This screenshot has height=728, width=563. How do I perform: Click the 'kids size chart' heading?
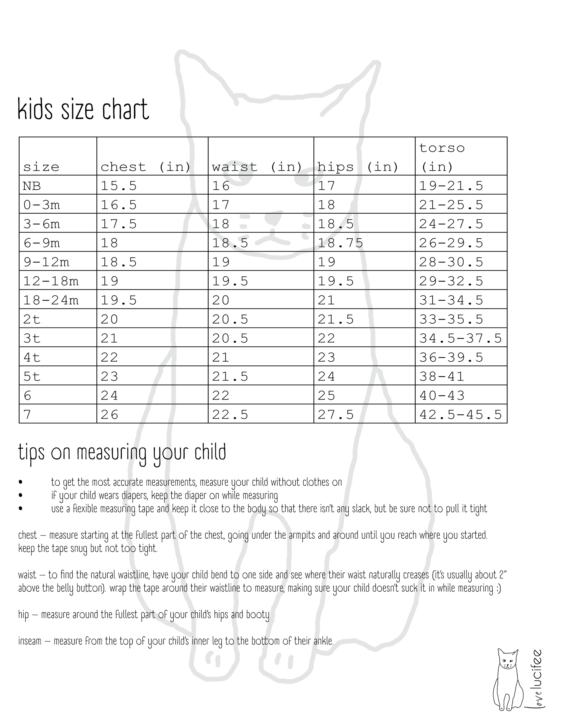pos(83,109)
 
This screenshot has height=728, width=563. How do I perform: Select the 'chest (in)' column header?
pos(146,167)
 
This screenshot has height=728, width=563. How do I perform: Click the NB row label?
pos(32,186)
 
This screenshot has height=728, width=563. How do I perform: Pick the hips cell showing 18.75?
pos(340,243)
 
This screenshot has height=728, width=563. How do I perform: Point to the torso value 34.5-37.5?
pos(460,338)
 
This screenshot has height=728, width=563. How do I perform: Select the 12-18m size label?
pos(51,281)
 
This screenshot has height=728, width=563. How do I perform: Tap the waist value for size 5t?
pos(230,377)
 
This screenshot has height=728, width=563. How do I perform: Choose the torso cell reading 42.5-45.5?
pos(460,415)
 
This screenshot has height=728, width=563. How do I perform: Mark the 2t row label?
pos(32,319)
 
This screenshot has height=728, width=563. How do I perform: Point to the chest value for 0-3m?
pos(119,205)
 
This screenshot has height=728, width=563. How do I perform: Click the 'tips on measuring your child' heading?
pos(122,453)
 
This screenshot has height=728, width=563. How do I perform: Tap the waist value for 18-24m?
pos(221,300)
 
